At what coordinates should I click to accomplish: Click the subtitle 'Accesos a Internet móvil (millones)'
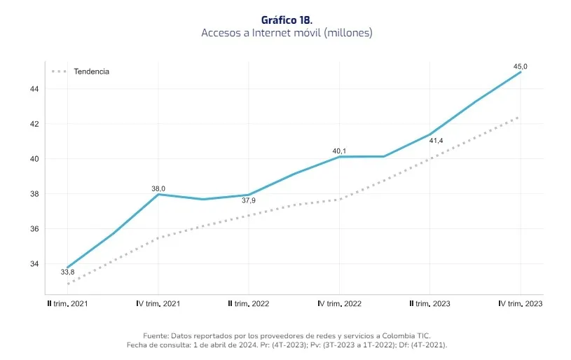pos(287,33)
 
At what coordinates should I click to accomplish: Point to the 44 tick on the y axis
pos(34,89)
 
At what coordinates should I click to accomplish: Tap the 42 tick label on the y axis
pos(34,124)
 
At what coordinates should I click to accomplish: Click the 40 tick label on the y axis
pos(34,159)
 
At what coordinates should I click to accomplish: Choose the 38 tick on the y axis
pos(34,194)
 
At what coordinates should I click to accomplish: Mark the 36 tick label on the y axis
pos(34,229)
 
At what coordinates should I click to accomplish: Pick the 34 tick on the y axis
pos(34,264)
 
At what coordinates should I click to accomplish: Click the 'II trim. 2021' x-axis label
pos(68,303)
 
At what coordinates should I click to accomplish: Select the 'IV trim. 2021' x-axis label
pos(158,303)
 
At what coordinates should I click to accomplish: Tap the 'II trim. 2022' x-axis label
pos(249,303)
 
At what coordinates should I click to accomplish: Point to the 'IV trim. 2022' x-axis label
pos(339,303)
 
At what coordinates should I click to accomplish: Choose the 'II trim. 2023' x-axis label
pos(429,303)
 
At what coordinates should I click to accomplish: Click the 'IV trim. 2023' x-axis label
pos(520,303)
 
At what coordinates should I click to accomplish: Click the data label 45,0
pos(521,67)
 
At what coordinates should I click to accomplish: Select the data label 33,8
pos(67,272)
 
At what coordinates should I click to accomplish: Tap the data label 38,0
pos(158,188)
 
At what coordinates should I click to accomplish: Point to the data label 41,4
pos(436,141)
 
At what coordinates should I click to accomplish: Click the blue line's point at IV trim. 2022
pos(339,156)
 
